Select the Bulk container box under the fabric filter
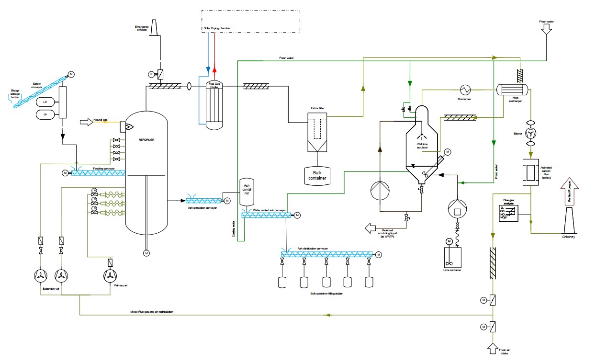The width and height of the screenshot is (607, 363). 317,175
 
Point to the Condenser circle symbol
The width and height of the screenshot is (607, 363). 464,90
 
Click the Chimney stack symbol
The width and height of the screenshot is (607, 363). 569,222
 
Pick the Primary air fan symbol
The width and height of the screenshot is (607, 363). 111,276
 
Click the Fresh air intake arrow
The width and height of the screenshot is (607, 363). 493,348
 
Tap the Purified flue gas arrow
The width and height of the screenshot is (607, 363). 569,192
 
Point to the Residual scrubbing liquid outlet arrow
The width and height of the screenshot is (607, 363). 371,227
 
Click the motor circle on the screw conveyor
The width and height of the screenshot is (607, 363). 71,74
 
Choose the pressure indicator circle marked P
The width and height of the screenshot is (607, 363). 151,74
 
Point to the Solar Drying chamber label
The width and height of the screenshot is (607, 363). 216,29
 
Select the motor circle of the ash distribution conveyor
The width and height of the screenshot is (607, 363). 378,255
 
